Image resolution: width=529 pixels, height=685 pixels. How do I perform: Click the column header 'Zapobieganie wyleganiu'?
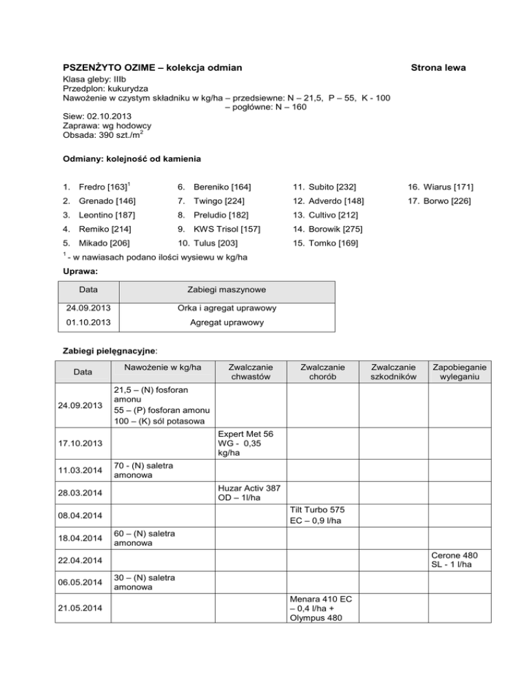click(x=457, y=372)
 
